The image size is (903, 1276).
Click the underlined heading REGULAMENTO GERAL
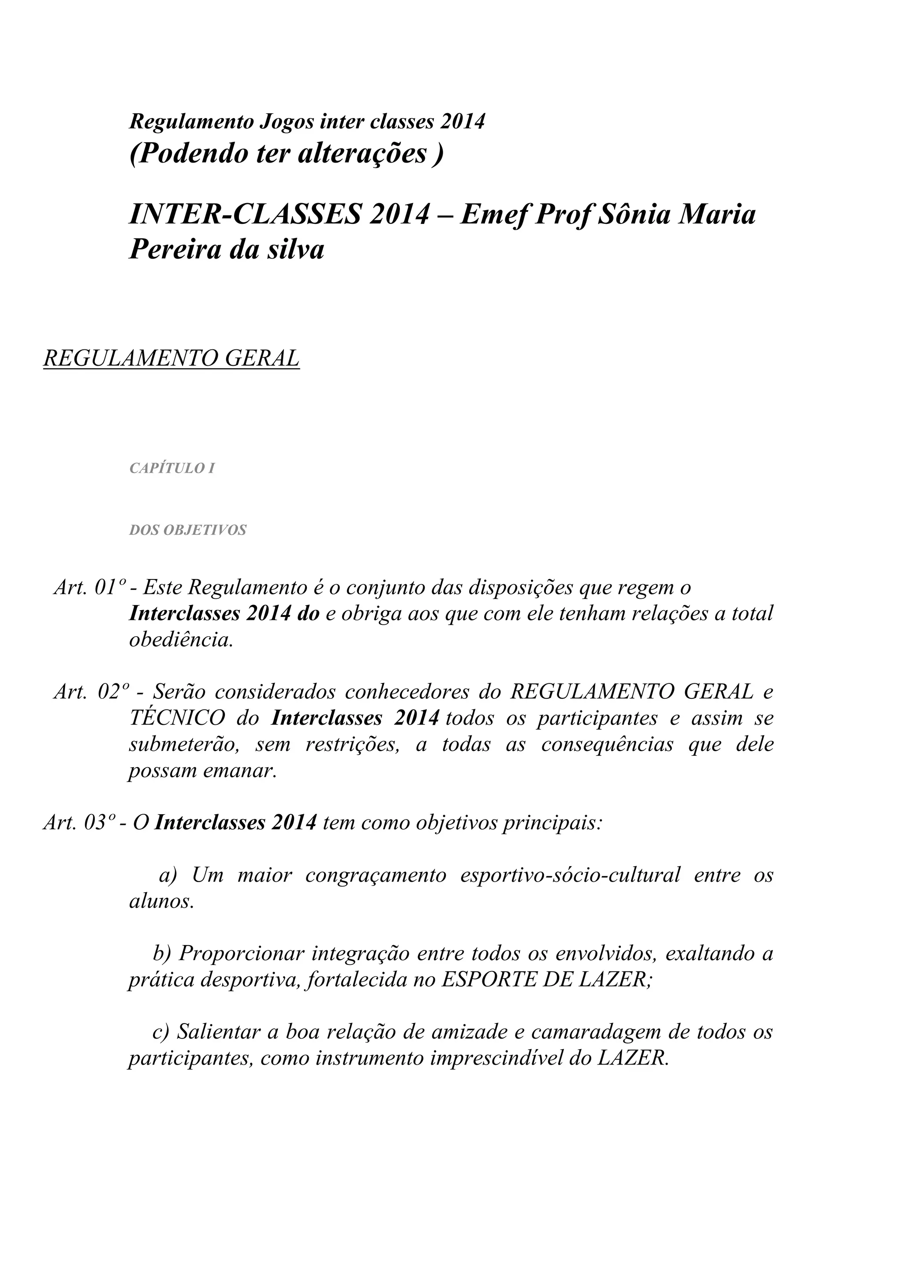coord(171,359)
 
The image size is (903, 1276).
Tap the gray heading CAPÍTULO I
coord(172,468)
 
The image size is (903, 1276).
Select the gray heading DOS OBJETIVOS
coord(187,530)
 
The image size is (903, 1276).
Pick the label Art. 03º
coord(78,823)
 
